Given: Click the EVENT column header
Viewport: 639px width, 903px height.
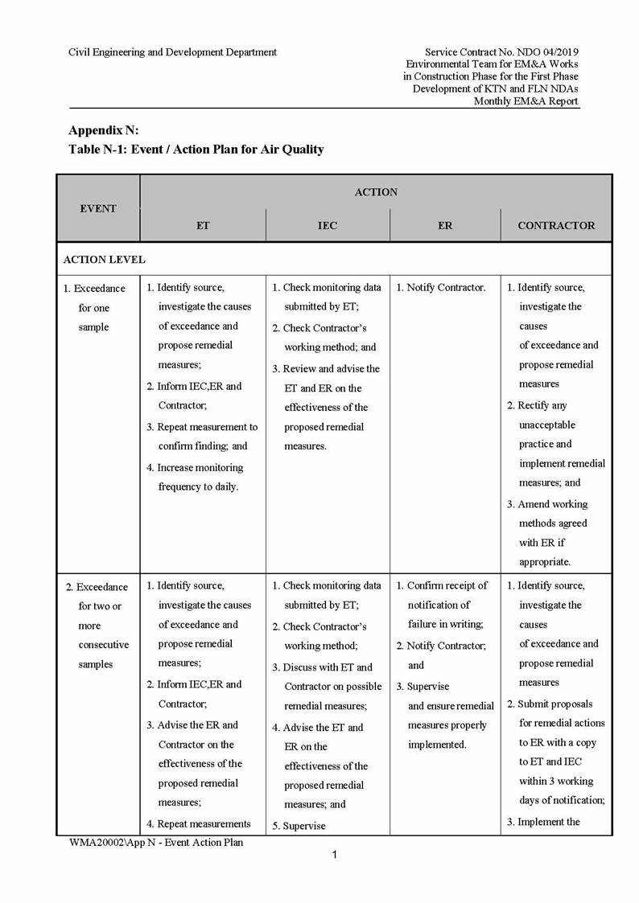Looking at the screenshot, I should [98, 208].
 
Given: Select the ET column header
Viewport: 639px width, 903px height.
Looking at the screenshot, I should [203, 226].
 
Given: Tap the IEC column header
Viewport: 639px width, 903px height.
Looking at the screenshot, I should [328, 226].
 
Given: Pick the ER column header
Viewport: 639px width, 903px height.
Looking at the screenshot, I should [445, 226].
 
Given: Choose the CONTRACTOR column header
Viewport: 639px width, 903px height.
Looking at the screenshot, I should [556, 226].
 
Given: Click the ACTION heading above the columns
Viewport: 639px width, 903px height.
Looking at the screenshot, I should [376, 192].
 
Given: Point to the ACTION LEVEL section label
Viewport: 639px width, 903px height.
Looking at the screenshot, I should [105, 260].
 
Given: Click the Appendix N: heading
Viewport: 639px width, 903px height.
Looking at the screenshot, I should [104, 130].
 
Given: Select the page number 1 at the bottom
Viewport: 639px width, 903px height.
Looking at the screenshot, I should [335, 855].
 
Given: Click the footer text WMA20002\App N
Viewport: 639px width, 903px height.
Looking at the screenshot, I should [156, 842].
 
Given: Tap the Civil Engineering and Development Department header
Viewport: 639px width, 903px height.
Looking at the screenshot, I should [172, 52].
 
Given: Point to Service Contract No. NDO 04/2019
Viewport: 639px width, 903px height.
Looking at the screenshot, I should [501, 52].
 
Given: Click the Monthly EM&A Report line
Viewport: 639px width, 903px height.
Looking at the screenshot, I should [526, 101].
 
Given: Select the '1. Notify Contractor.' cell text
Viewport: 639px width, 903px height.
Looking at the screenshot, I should [440, 288].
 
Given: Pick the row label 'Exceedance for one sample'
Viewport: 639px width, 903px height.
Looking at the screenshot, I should [95, 307].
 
